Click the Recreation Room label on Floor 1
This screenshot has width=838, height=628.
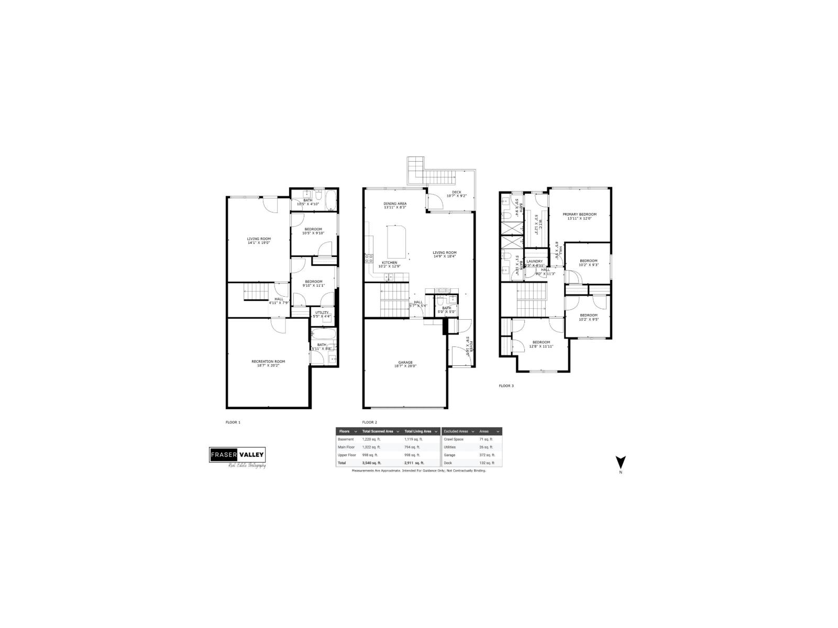[268, 361]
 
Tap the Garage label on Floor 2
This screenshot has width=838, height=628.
[405, 362]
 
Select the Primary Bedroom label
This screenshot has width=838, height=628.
[580, 214]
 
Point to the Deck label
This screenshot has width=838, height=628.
[457, 192]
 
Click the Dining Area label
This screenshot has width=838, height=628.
[395, 204]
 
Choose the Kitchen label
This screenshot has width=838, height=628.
[389, 262]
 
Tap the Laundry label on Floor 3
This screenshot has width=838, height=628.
[534, 261]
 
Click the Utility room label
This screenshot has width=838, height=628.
[322, 312]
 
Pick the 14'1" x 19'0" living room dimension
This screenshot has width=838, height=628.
[259, 243]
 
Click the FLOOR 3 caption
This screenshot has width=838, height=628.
[506, 386]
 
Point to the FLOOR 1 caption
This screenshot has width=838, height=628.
[233, 422]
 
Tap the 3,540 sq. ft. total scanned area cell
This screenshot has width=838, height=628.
[371, 463]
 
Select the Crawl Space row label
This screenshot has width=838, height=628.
[454, 439]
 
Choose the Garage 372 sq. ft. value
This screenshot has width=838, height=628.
[487, 455]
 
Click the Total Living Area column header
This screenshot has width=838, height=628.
[418, 431]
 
